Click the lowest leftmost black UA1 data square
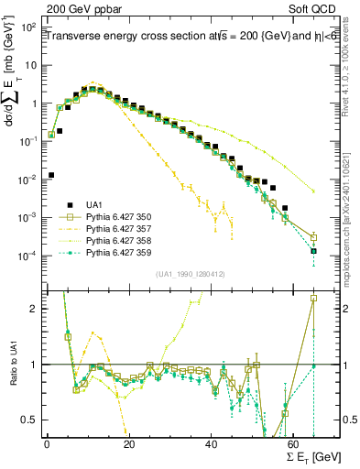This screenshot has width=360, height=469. click(50, 174)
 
